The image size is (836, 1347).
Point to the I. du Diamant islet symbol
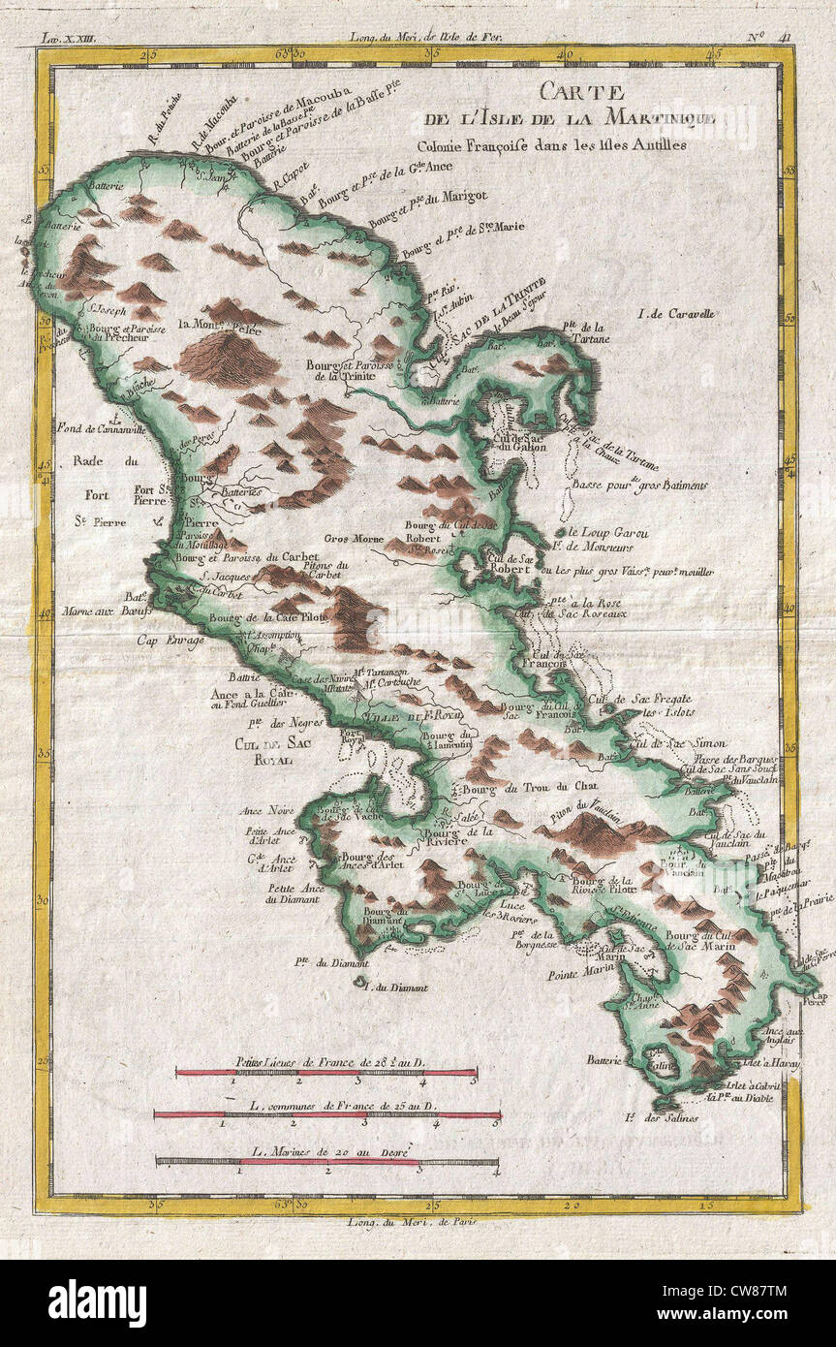[361, 983]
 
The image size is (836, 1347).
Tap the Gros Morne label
[351, 537]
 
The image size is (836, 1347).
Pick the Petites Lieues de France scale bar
[325, 1073]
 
